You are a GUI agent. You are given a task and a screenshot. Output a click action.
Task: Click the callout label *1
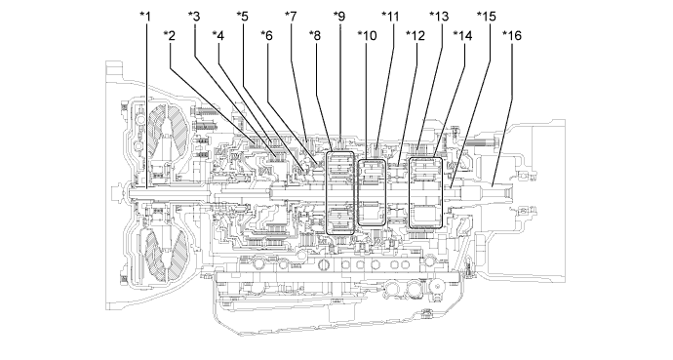(146, 16)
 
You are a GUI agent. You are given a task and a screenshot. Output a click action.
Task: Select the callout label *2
(170, 36)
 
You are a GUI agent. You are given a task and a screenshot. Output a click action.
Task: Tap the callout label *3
(194, 16)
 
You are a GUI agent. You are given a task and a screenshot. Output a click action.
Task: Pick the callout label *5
(243, 16)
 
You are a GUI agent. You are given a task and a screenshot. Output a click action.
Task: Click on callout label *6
(266, 36)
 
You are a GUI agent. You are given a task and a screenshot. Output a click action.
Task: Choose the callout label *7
(291, 16)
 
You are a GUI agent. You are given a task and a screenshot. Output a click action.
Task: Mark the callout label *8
(314, 36)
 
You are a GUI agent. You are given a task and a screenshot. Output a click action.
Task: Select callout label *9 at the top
(339, 16)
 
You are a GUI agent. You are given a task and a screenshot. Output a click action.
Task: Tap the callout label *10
(367, 36)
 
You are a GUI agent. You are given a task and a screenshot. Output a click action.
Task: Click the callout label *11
(391, 16)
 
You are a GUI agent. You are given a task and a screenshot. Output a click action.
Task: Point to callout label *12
(416, 36)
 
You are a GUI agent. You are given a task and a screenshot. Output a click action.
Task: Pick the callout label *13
(439, 16)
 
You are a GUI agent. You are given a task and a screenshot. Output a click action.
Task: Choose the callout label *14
(463, 36)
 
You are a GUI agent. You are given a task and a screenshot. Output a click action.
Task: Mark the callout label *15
(487, 16)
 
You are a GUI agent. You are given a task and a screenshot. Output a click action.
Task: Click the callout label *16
(512, 36)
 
